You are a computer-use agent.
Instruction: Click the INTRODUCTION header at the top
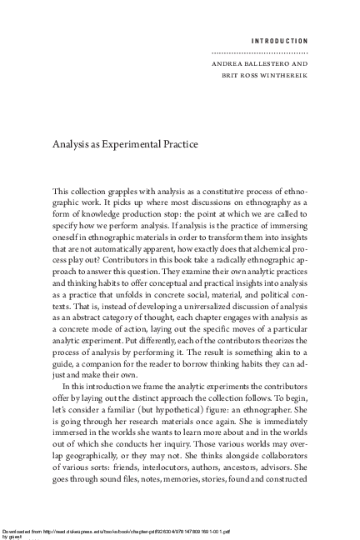[278, 40]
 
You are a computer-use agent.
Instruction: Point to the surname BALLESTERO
[265, 62]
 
